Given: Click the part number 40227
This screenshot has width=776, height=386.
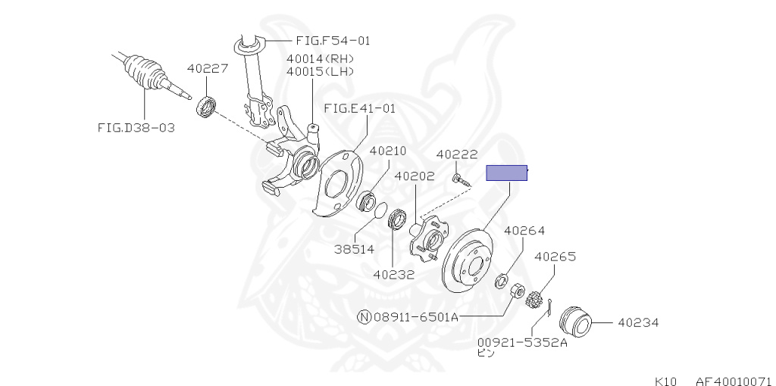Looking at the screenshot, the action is (x=208, y=69).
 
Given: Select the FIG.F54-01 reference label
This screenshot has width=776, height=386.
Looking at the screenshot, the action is (x=333, y=40).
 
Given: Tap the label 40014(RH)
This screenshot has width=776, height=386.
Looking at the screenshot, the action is (x=321, y=58).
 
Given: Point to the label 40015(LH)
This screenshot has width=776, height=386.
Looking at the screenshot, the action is (x=321, y=71).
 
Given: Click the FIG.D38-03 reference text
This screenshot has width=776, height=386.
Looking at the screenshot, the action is (x=136, y=127).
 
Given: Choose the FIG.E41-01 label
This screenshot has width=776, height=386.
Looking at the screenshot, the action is (x=359, y=108).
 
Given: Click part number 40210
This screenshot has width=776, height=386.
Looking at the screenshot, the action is (x=388, y=151).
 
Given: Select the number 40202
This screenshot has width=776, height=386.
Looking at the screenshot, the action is (x=414, y=176).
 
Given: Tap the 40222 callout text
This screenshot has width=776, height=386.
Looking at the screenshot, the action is (x=457, y=154).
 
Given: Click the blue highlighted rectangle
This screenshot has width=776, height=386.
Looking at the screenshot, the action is (x=506, y=173).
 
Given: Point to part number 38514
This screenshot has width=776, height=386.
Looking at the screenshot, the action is (x=353, y=248).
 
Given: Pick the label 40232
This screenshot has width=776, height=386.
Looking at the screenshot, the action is (x=393, y=275).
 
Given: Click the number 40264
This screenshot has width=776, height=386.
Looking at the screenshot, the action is (x=524, y=231).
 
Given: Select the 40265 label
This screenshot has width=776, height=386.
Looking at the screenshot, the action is (x=555, y=257).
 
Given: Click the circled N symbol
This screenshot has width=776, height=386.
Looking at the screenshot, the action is (x=365, y=317).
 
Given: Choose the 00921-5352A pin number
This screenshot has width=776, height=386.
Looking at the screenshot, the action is (x=522, y=342).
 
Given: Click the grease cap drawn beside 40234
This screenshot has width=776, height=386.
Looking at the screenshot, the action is (x=575, y=323).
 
